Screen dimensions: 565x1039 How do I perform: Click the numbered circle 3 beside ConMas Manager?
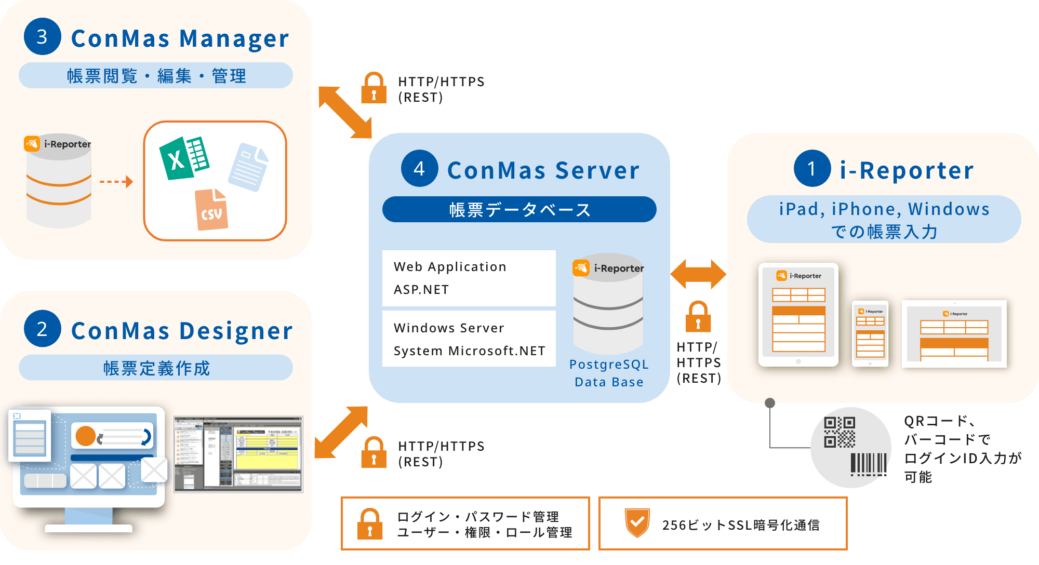(42, 37)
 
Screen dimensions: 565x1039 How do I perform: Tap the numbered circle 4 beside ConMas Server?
(419, 168)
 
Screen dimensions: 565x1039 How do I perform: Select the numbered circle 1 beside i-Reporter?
(812, 168)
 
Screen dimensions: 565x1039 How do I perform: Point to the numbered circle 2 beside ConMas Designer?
(42, 329)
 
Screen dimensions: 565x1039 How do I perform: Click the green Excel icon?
(184, 158)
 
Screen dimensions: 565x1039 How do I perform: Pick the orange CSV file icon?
(211, 210)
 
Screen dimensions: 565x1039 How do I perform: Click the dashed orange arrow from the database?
(116, 182)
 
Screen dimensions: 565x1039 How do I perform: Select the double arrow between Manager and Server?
(345, 112)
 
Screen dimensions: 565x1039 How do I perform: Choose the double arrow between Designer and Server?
(341, 432)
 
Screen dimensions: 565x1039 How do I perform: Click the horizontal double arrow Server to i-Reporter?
(698, 274)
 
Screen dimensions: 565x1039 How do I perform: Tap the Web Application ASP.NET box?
(469, 278)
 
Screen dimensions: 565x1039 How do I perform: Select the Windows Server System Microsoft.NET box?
(469, 339)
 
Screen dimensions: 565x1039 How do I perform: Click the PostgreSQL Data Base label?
(609, 373)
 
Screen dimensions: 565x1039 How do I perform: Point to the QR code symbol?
(840, 432)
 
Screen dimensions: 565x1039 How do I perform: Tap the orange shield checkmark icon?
(637, 523)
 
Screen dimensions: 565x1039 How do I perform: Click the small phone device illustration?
(870, 333)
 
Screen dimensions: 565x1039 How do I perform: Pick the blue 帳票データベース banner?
(519, 209)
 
